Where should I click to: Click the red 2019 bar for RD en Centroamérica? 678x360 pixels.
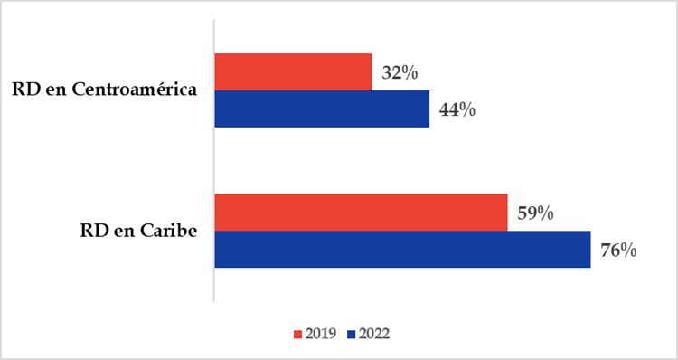pyautogui.click(x=293, y=72)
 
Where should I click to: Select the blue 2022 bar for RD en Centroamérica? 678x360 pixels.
pyautogui.click(x=322, y=109)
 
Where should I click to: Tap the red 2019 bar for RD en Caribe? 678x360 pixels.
pyautogui.click(x=361, y=213)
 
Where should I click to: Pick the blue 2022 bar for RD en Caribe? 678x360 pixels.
pyautogui.click(x=402, y=250)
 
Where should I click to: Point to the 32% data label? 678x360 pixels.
pyautogui.click(x=399, y=73)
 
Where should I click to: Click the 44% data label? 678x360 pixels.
pyautogui.click(x=457, y=110)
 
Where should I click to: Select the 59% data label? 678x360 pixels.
pyautogui.click(x=534, y=213)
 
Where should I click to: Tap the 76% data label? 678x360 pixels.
pyautogui.click(x=617, y=251)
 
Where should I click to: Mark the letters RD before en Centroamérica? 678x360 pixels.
pyautogui.click(x=25, y=91)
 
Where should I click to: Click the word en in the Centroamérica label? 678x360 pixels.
pyautogui.click(x=54, y=91)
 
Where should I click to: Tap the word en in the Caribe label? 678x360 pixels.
pyautogui.click(x=120, y=232)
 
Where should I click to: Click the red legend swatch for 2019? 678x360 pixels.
pyautogui.click(x=297, y=334)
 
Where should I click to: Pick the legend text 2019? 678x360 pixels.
pyautogui.click(x=320, y=334)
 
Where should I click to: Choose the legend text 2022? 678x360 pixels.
pyautogui.click(x=373, y=334)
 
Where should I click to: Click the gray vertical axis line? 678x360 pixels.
pyautogui.click(x=213, y=163)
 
